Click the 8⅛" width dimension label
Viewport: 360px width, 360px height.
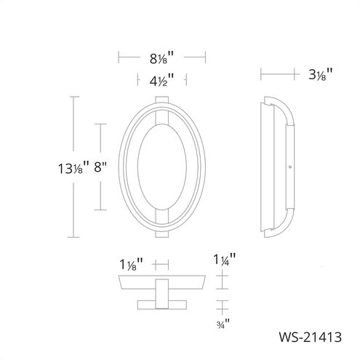161,58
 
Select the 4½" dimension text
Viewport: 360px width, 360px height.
161,81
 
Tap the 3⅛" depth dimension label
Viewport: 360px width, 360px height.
320,74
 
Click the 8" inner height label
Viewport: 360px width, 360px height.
100,167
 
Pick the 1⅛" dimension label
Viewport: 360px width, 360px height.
131,265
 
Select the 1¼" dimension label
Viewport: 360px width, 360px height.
225,260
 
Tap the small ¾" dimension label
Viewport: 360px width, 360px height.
223,324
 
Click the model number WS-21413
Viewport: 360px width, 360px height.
310,337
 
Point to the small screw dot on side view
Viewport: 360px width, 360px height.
290,167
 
